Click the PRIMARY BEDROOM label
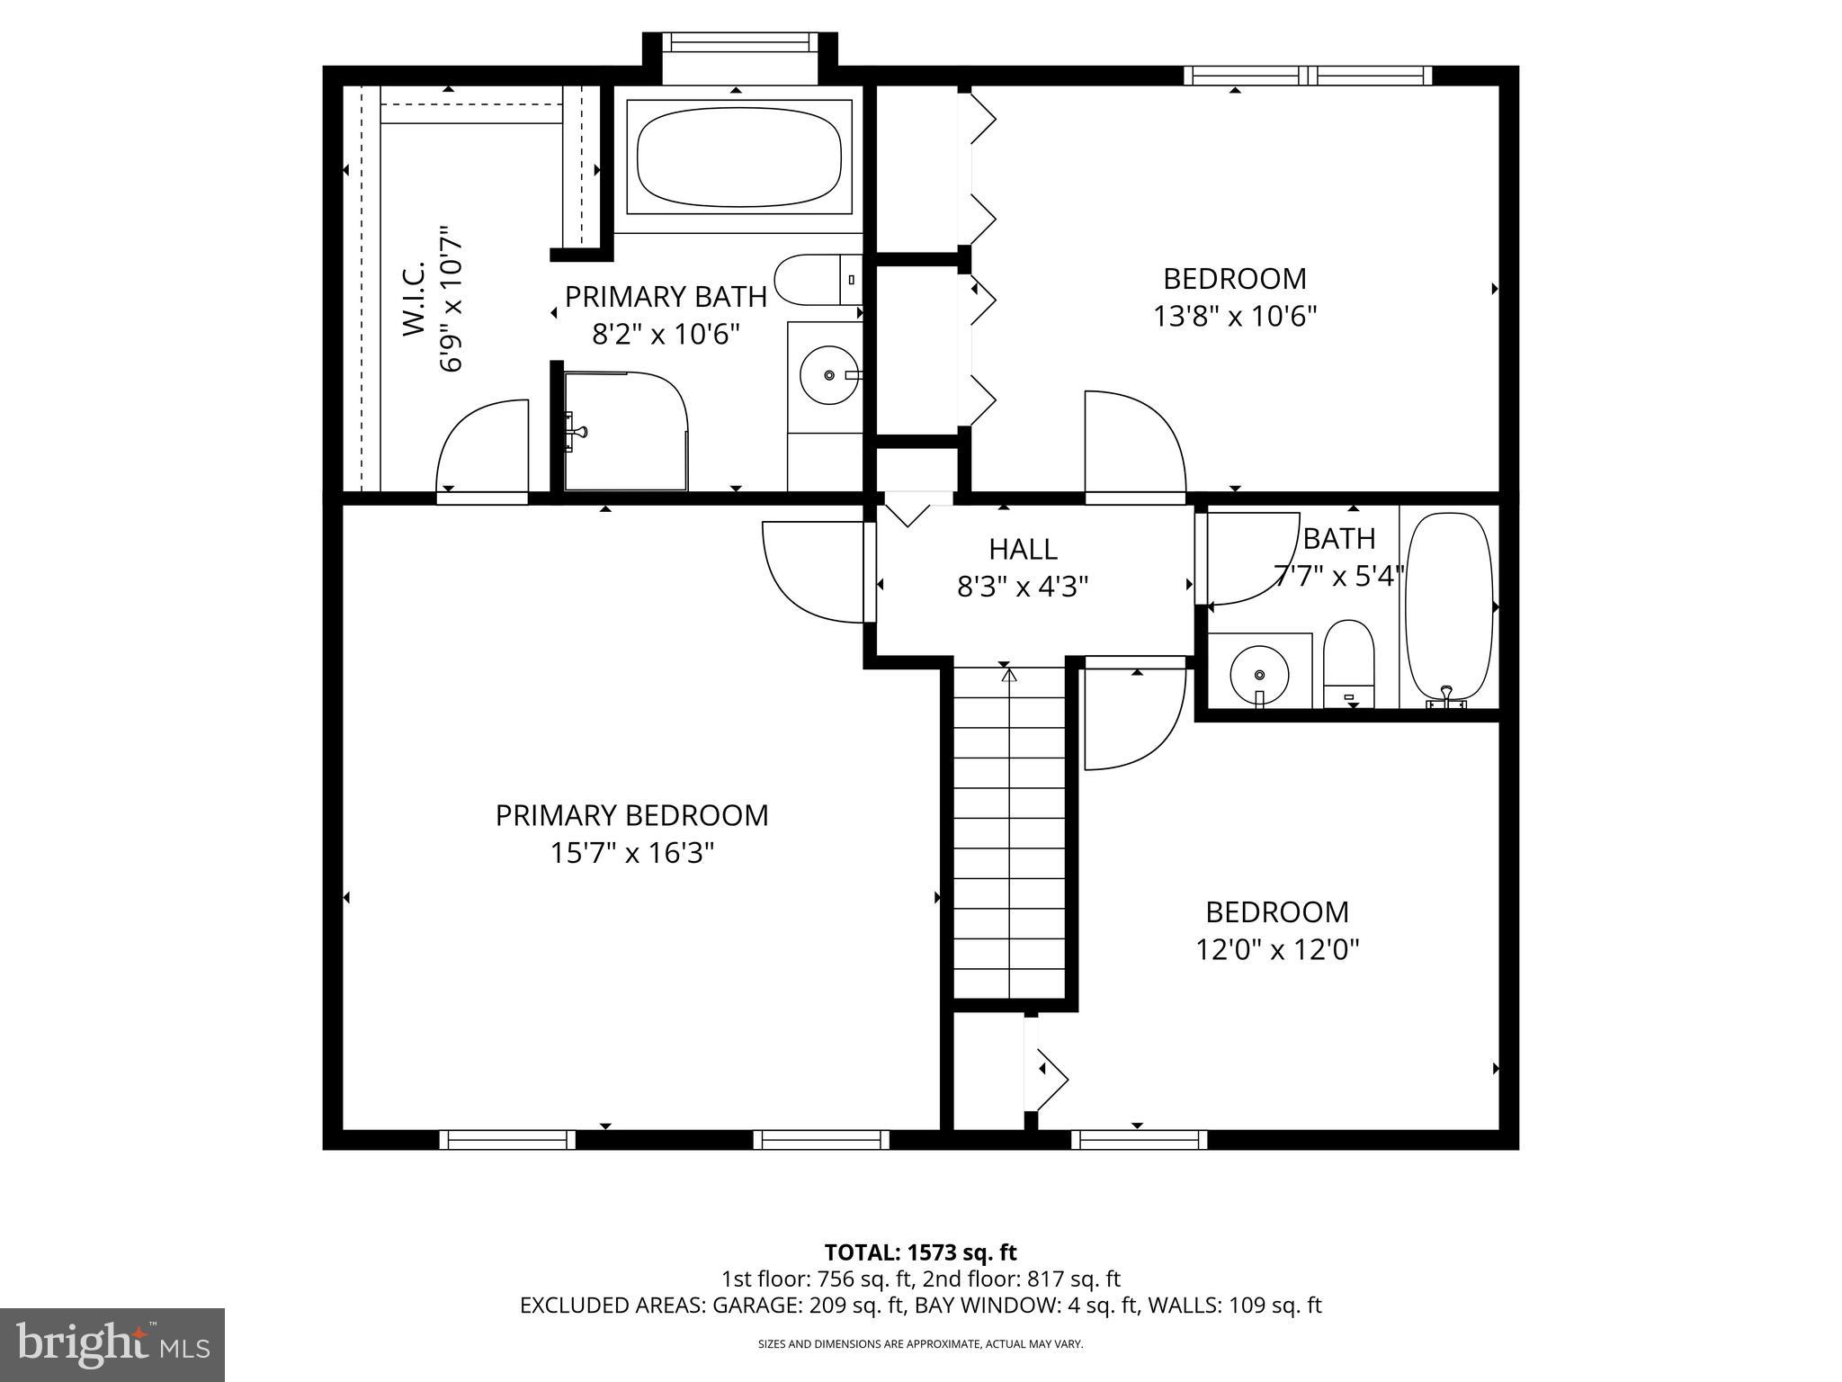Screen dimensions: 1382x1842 pos(631,815)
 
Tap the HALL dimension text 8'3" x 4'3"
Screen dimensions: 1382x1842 pos(1023,587)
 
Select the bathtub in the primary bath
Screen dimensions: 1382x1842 pos(738,157)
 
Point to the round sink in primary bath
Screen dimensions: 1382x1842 pos(829,374)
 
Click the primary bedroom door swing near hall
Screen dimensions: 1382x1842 pos(814,572)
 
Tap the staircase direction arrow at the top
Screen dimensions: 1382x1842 pos(1008,674)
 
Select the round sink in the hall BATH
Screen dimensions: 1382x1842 pos(1258,674)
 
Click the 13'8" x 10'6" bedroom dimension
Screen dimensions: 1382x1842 pos(1235,317)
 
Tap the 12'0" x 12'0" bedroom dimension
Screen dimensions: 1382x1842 pos(1276,950)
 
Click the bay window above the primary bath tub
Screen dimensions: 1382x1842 pos(739,42)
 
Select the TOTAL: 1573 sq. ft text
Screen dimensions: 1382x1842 pos(920,1252)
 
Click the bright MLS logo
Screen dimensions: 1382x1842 pos(112,1344)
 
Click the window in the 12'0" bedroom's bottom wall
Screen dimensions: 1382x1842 pos(1139,1140)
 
